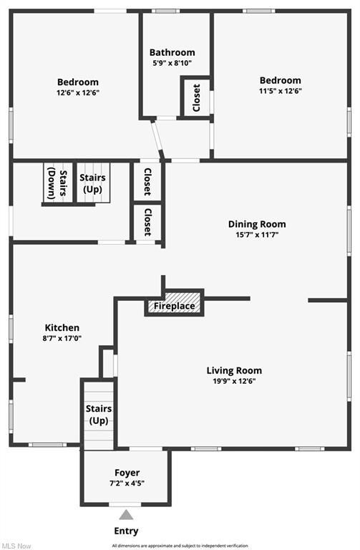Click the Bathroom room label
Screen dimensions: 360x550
click(x=172, y=52)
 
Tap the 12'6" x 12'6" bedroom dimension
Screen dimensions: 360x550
click(x=78, y=93)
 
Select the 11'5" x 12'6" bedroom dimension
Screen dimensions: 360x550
click(x=281, y=91)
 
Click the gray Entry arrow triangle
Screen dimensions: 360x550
click(x=126, y=515)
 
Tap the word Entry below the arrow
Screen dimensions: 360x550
click(x=126, y=531)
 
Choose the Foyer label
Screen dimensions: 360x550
click(x=127, y=473)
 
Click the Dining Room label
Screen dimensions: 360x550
click(x=257, y=224)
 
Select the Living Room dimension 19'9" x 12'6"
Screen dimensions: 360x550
click(x=234, y=381)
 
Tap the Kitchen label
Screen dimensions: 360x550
click(x=62, y=328)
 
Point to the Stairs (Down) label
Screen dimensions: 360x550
click(x=57, y=183)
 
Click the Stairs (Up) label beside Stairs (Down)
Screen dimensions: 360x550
click(x=92, y=183)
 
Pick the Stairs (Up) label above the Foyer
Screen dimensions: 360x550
click(x=99, y=414)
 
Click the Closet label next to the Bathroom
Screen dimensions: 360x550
click(x=197, y=97)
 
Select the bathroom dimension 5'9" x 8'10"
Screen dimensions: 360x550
click(x=172, y=64)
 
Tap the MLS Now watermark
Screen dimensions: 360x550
click(x=16, y=546)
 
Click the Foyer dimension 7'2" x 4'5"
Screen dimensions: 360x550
click(x=127, y=483)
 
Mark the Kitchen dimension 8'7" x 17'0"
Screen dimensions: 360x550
click(x=62, y=339)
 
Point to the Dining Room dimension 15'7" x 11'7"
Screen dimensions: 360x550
click(x=257, y=235)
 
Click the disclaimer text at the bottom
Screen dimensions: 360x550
click(x=180, y=546)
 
